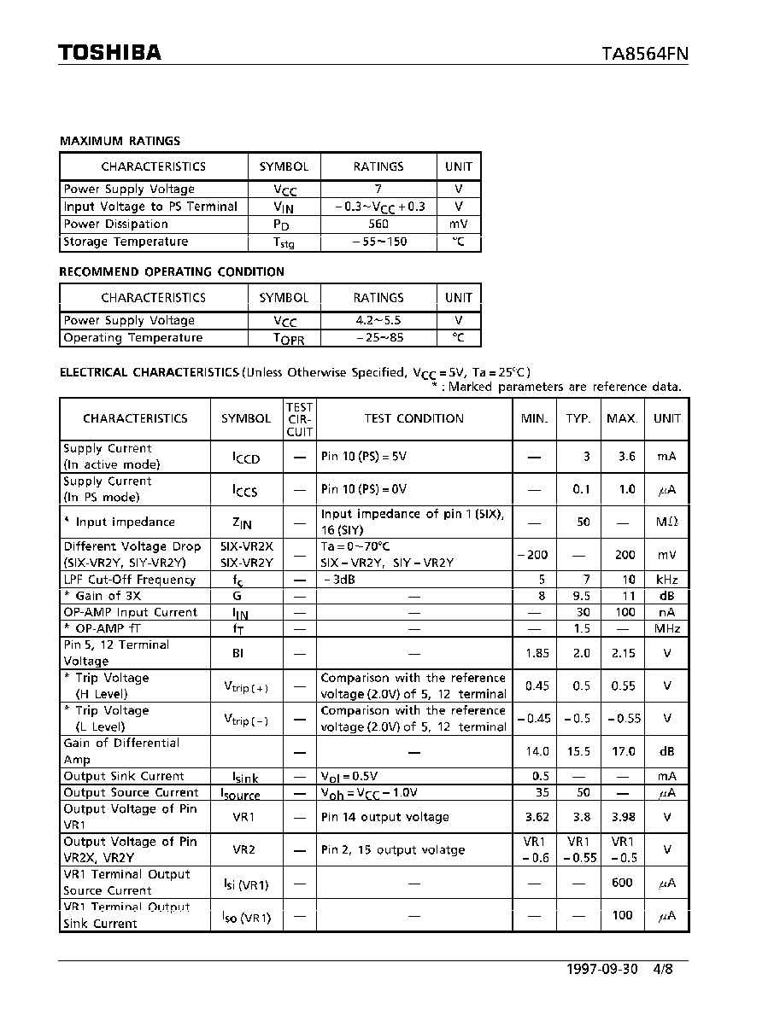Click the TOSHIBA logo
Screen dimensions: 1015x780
pos(110,53)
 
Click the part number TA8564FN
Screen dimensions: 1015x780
pos(645,54)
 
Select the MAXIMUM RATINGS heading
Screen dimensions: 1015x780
pos(120,141)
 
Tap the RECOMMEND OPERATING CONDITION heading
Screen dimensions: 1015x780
pos(172,271)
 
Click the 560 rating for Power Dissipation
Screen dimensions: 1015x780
pos(378,225)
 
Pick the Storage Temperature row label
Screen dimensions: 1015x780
pos(126,242)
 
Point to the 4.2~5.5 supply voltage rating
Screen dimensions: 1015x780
pos(378,321)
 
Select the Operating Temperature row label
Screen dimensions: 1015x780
pos(133,338)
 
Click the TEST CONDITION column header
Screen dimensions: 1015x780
pos(413,418)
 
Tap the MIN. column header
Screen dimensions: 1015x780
pos(534,418)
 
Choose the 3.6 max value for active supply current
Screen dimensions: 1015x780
pos(626,457)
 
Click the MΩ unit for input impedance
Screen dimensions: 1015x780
pos(666,522)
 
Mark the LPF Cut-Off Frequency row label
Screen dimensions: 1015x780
pos(130,580)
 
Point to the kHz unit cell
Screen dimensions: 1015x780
pos(666,580)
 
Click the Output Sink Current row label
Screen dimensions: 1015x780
pos(124,776)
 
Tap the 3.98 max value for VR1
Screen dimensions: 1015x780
pos(623,817)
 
